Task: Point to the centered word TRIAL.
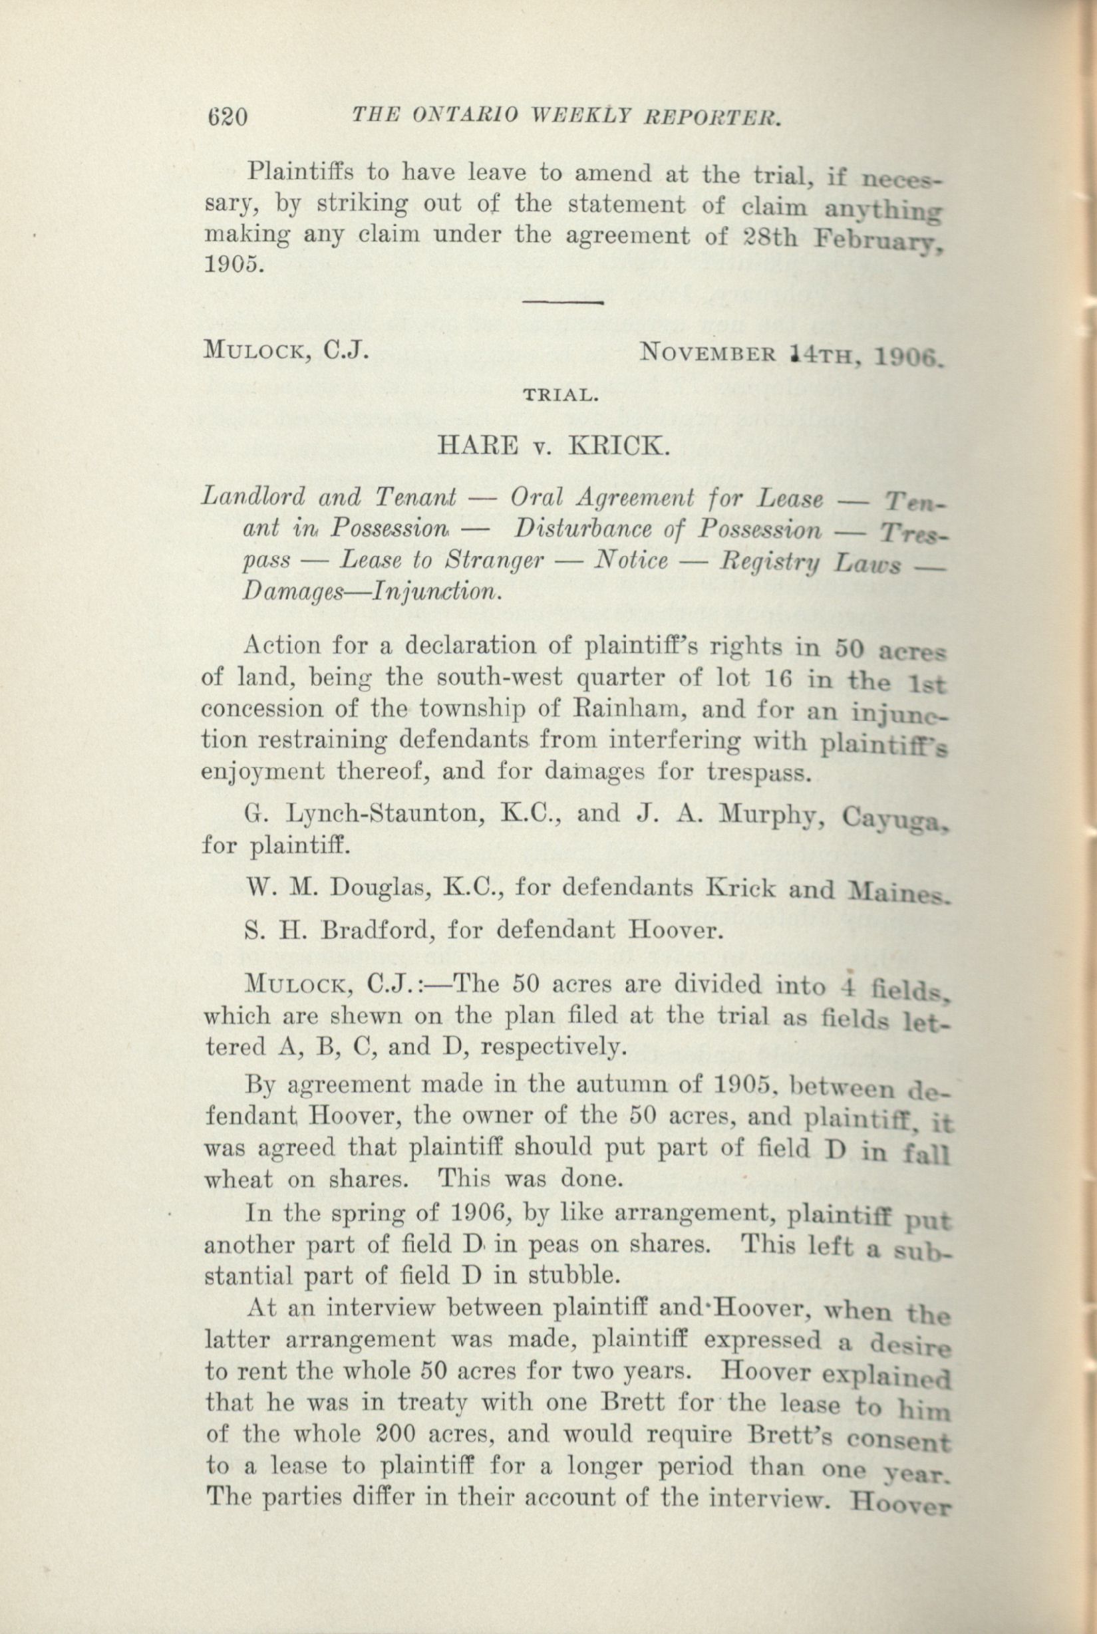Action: coord(559,396)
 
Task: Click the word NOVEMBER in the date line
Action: coord(707,353)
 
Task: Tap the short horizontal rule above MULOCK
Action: coord(563,302)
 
